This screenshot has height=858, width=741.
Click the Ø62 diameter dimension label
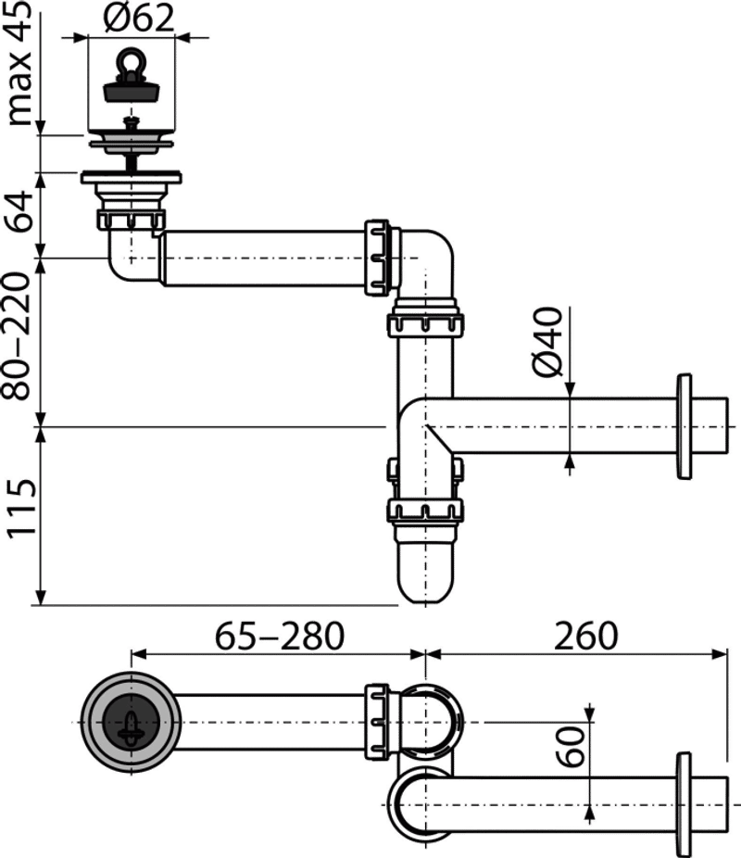(138, 17)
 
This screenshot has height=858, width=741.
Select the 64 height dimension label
(19, 212)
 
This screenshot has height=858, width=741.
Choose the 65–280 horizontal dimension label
(279, 636)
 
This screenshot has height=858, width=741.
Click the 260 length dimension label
(585, 636)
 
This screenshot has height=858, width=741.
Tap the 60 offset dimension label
(570, 747)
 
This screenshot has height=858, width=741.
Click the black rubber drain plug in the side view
(132, 90)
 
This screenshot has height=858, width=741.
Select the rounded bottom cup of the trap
(425, 568)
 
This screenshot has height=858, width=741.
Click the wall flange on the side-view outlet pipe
(684, 427)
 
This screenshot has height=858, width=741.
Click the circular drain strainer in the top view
(132, 723)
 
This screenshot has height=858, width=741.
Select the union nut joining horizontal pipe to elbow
(378, 258)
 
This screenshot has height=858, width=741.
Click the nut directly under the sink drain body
(132, 220)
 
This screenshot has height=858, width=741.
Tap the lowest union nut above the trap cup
(425, 511)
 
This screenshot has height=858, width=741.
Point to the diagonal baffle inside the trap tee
(439, 440)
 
